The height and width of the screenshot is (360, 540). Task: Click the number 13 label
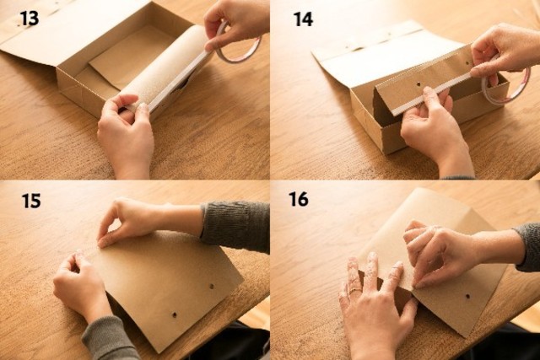(x=30, y=19)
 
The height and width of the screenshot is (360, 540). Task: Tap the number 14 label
(x=304, y=19)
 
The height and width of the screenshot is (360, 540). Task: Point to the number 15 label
(x=31, y=201)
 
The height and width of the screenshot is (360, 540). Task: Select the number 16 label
(x=299, y=199)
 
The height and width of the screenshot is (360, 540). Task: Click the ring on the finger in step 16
(x=355, y=291)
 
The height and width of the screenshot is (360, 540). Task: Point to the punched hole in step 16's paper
(x=467, y=296)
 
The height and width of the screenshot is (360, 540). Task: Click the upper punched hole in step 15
(x=212, y=287)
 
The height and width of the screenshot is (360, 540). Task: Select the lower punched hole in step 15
(x=175, y=314)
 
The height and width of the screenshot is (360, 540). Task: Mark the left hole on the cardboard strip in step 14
(x=418, y=83)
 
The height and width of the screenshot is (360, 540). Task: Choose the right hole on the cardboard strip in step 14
(x=467, y=63)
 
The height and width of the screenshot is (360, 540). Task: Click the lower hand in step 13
(x=126, y=134)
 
